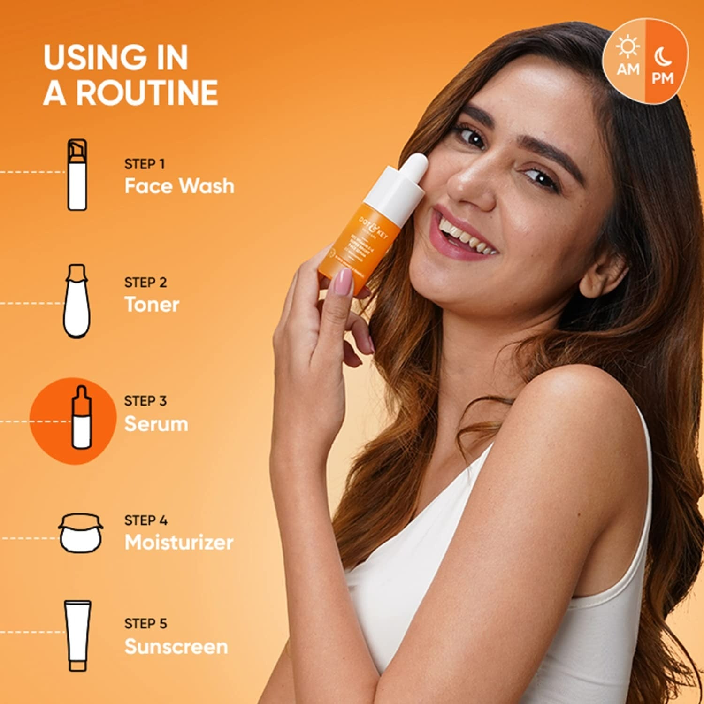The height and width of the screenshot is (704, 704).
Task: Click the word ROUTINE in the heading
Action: tap(147, 92)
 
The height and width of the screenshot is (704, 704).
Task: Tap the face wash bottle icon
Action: tap(77, 175)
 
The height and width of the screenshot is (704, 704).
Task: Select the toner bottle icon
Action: tap(77, 301)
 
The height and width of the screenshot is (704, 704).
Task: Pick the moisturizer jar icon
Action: tap(81, 533)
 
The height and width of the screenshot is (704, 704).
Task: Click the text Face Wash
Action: tap(179, 186)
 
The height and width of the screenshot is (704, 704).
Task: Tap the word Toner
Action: tap(152, 305)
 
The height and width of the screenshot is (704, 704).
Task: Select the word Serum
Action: tap(156, 424)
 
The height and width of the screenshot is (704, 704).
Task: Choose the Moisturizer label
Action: tap(179, 543)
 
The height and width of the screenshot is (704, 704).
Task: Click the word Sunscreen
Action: tap(176, 647)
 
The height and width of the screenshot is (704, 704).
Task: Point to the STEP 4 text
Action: tap(145, 520)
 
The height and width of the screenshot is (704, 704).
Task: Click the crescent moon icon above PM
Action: tap(663, 57)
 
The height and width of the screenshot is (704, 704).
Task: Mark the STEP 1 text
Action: tap(145, 164)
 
